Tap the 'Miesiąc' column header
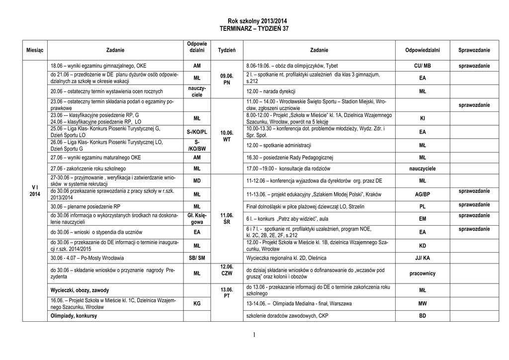coord(35,50)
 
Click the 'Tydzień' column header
coord(227,50)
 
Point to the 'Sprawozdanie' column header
coord(474,50)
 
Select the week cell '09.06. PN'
coord(227,79)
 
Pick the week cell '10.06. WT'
coord(227,136)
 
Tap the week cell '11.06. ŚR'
coord(227,218)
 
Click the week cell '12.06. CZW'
coord(227,270)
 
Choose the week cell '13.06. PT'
coord(227,293)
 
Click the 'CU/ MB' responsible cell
coord(423,66)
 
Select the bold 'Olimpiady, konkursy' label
coord(74,316)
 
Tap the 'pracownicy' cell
coord(423,273)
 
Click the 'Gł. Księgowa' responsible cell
coord(197,218)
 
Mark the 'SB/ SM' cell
coord(197,258)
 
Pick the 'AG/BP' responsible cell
coord(423,194)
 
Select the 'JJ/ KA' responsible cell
coord(423,258)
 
